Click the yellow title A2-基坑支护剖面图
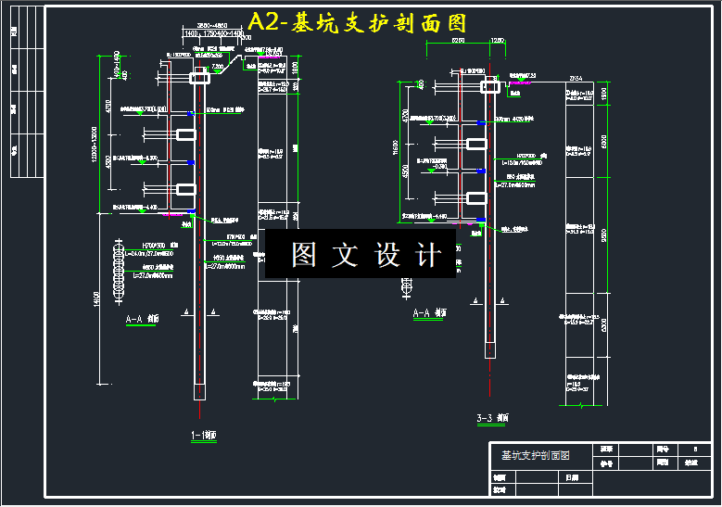point(357,22)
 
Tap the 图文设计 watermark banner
point(361,254)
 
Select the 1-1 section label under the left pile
point(203,436)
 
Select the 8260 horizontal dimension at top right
point(457,41)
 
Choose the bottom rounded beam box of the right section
point(476,197)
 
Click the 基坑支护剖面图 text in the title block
point(535,455)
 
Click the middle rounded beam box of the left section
point(187,134)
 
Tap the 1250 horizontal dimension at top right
point(498,41)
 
